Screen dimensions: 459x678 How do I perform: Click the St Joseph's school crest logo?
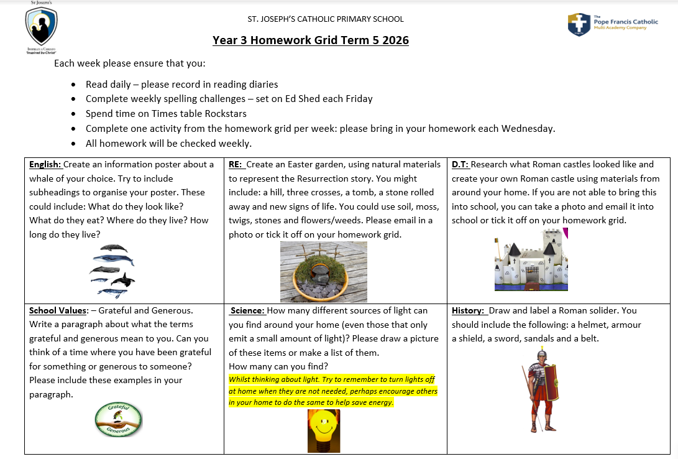coord(41,27)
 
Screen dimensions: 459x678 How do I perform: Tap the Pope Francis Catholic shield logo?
coord(579,24)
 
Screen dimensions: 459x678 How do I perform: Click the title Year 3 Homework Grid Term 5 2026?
coord(310,40)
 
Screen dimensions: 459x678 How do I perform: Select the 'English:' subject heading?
coord(45,165)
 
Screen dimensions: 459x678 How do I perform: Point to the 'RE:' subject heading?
coord(236,165)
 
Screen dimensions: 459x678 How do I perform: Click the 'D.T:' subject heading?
coord(460,165)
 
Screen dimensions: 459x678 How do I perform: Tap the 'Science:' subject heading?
coord(248,310)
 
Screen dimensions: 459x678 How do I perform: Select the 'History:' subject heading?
coord(468,310)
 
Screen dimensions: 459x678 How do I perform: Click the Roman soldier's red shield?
coord(551,383)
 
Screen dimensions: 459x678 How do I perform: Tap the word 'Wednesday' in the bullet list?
coord(529,129)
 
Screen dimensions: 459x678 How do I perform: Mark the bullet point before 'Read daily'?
coord(74,85)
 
